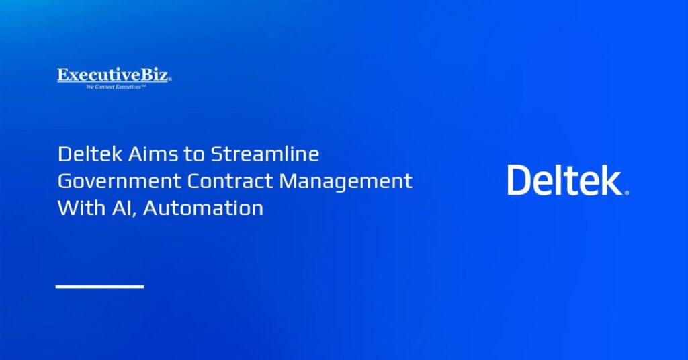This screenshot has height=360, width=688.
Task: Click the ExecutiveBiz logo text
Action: tap(114, 75)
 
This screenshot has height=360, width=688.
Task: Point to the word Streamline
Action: tap(265, 154)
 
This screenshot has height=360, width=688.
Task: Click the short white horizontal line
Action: tap(99, 287)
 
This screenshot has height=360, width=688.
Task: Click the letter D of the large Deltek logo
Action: tap(519, 180)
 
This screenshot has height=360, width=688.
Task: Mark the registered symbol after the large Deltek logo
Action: tap(627, 193)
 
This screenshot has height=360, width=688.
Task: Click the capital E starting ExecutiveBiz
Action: tap(62, 75)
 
